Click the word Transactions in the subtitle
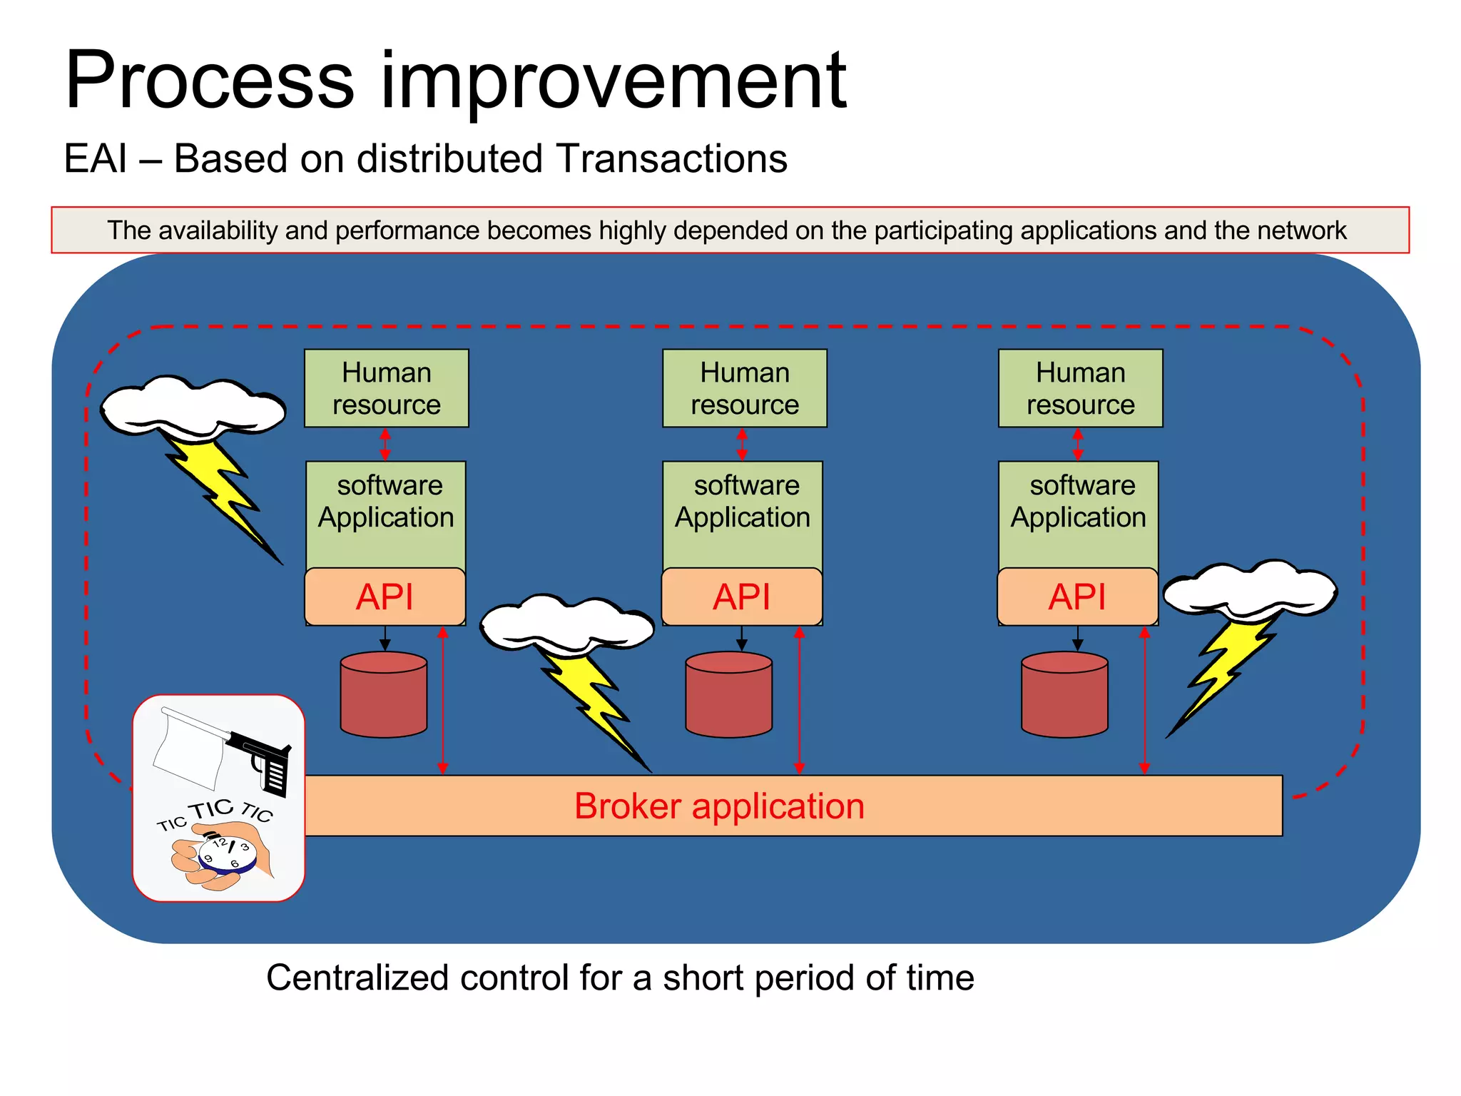pyautogui.click(x=671, y=158)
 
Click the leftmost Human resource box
pyautogui.click(x=386, y=388)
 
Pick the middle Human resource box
pyautogui.click(x=744, y=388)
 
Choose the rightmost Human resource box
pyautogui.click(x=1080, y=388)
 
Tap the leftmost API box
pyautogui.click(x=385, y=597)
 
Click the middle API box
pyautogui.click(x=741, y=597)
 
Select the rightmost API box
pyautogui.click(x=1076, y=597)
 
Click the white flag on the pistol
pyautogui.click(x=187, y=749)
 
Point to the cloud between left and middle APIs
pyautogui.click(x=566, y=622)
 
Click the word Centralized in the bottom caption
pyautogui.click(x=357, y=978)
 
